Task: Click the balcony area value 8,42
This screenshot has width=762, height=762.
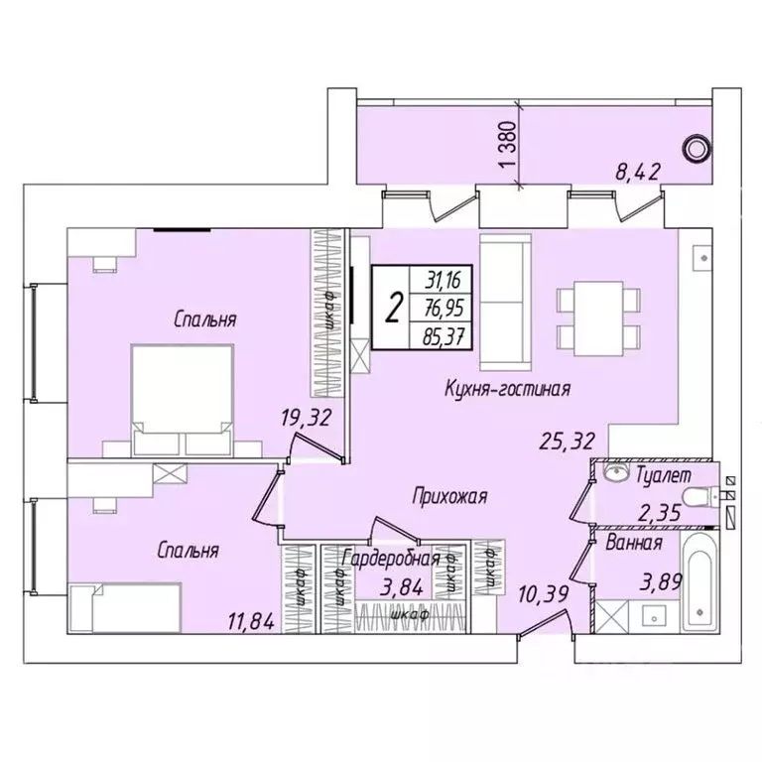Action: pos(638,176)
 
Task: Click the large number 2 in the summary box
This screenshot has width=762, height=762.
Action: pos(394,309)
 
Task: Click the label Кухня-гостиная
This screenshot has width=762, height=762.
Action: pos(506,389)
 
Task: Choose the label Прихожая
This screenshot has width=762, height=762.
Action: pos(449,496)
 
